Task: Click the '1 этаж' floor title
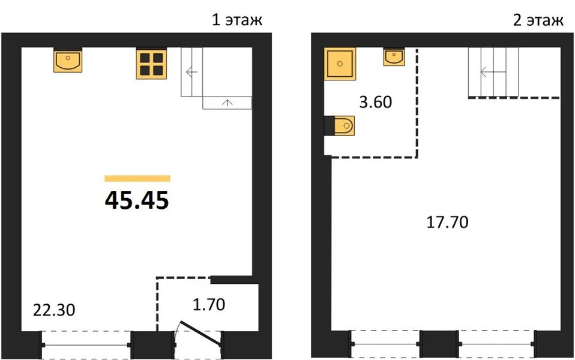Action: pyautogui.click(x=237, y=20)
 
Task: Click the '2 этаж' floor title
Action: pyautogui.click(x=538, y=20)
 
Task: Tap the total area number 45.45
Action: pyautogui.click(x=137, y=200)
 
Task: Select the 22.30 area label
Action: pyautogui.click(x=54, y=310)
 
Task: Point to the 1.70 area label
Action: pyautogui.click(x=209, y=305)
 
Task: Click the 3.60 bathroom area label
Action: pyautogui.click(x=376, y=102)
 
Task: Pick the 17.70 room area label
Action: pyautogui.click(x=447, y=223)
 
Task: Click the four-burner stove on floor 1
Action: pyautogui.click(x=151, y=64)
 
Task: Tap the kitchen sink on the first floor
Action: pyautogui.click(x=68, y=60)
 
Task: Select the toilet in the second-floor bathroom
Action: pyautogui.click(x=340, y=126)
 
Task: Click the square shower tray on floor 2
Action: pyautogui.click(x=340, y=64)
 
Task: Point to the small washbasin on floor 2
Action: pyautogui.click(x=394, y=56)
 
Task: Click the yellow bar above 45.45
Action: pyautogui.click(x=137, y=179)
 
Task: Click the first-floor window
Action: pyautogui.click(x=86, y=345)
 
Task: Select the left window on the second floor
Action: pyautogui.click(x=385, y=344)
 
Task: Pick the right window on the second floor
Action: pyautogui.click(x=497, y=344)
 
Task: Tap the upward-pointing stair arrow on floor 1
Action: pyautogui.click(x=227, y=103)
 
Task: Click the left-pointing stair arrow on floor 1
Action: pyautogui.click(x=192, y=72)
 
